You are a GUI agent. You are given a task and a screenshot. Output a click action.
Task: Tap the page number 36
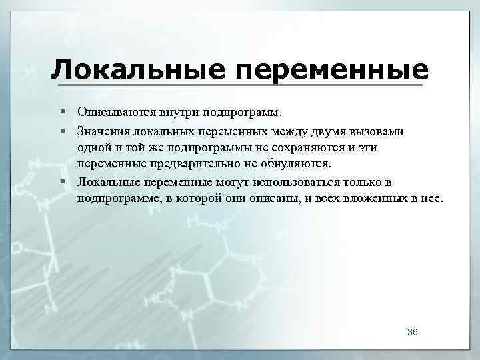click(x=412, y=332)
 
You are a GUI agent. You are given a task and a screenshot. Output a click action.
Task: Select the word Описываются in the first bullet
click(x=113, y=111)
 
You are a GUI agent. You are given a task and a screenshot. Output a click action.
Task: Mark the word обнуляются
click(x=292, y=164)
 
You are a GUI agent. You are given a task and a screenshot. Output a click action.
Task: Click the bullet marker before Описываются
click(x=61, y=111)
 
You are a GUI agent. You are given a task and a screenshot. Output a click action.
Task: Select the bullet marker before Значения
click(x=61, y=129)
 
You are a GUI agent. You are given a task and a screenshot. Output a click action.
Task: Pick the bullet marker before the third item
click(x=61, y=182)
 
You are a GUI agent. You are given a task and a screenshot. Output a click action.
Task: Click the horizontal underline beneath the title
click(x=240, y=85)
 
